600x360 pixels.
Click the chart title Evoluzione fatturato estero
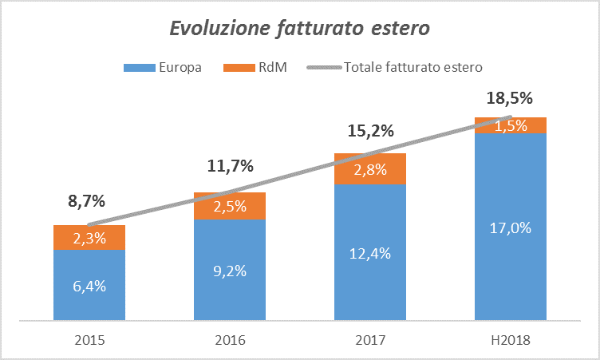coord(300,30)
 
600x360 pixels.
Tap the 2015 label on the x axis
coord(89,340)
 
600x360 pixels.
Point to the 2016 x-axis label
coord(230,340)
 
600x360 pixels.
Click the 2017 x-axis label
coord(370,340)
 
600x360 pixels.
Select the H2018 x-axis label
coord(511,340)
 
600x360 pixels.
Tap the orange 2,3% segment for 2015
coord(89,238)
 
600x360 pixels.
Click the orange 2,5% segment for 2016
coord(230,206)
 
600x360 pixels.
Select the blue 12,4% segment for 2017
coord(370,255)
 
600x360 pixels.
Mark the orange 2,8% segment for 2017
coord(370,169)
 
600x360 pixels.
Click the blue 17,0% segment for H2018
coord(511,227)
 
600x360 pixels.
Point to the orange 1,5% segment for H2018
coord(511,125)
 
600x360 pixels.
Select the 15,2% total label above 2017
coord(370,131)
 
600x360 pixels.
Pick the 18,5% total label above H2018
coord(511,99)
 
